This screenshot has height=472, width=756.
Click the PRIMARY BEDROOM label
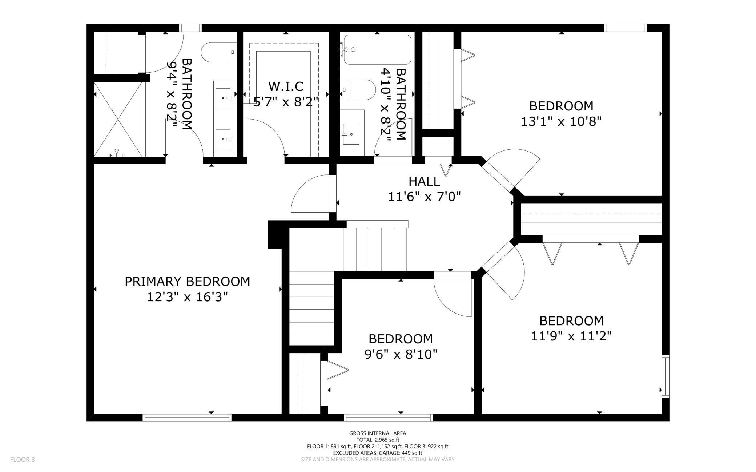click(187, 281)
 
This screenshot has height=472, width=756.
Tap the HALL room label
click(424, 181)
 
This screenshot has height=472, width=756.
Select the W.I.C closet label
click(286, 86)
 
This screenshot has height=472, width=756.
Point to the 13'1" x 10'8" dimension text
click(561, 121)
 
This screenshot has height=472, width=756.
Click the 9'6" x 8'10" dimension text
click(401, 354)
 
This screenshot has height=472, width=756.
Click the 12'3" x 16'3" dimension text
click(187, 297)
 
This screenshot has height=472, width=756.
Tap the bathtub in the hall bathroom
click(377, 50)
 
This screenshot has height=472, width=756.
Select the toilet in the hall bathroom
click(358, 90)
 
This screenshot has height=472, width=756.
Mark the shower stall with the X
click(118, 119)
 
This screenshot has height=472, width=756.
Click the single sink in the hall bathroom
click(351, 134)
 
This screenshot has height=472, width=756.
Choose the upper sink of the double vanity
click(223, 98)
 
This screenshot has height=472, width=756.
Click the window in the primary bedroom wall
click(187, 417)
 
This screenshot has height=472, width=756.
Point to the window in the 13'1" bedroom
click(626, 28)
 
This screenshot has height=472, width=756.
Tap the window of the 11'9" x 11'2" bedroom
click(666, 376)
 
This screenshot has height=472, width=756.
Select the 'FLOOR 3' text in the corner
click(22, 460)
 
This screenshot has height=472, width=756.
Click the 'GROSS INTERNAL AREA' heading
click(378, 433)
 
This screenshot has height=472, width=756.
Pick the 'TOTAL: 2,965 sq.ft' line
click(378, 440)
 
